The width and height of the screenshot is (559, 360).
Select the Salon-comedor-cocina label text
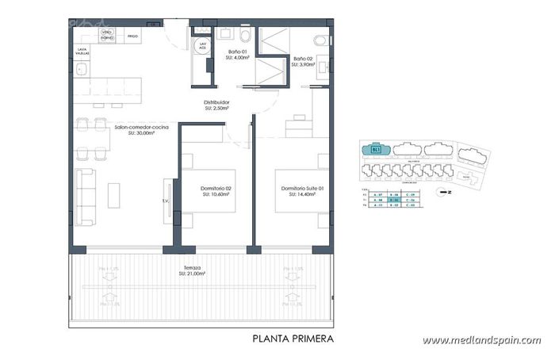tap(141, 129)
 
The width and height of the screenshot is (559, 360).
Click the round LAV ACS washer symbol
tap(204, 46)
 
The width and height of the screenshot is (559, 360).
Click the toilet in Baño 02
tap(320, 40)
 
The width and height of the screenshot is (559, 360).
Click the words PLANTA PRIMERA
tap(293, 339)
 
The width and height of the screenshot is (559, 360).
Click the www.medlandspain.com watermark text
tap(481, 341)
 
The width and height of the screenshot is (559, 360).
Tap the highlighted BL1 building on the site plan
tap(376, 148)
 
